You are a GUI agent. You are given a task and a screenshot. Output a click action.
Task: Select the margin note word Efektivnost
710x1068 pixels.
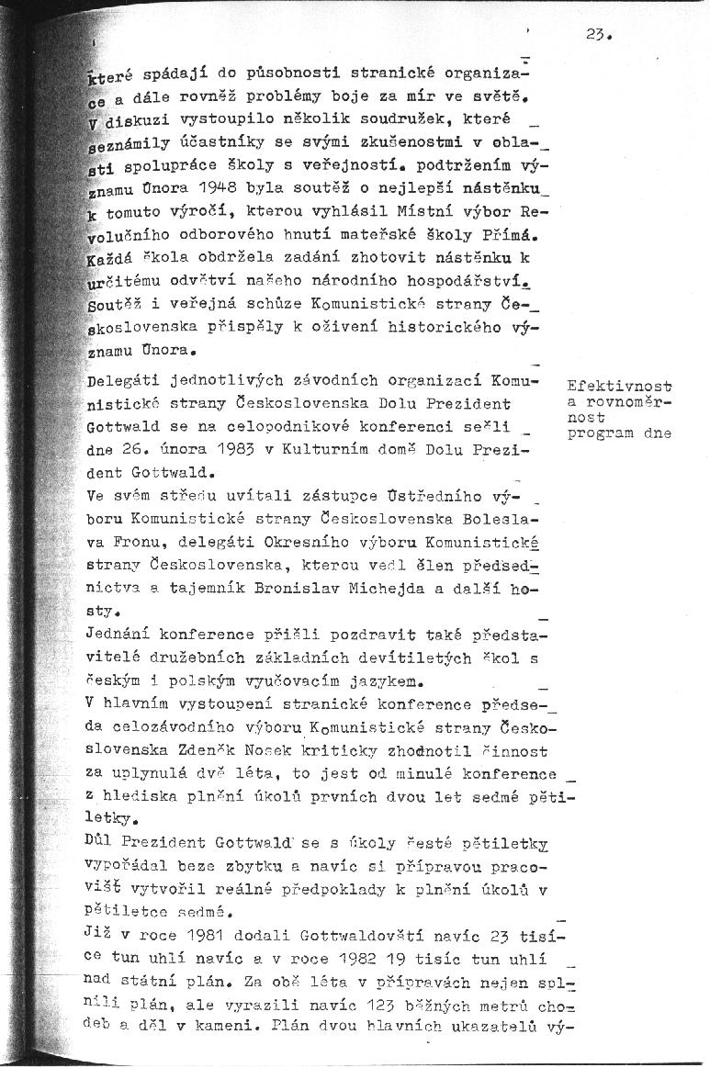coord(620,388)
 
